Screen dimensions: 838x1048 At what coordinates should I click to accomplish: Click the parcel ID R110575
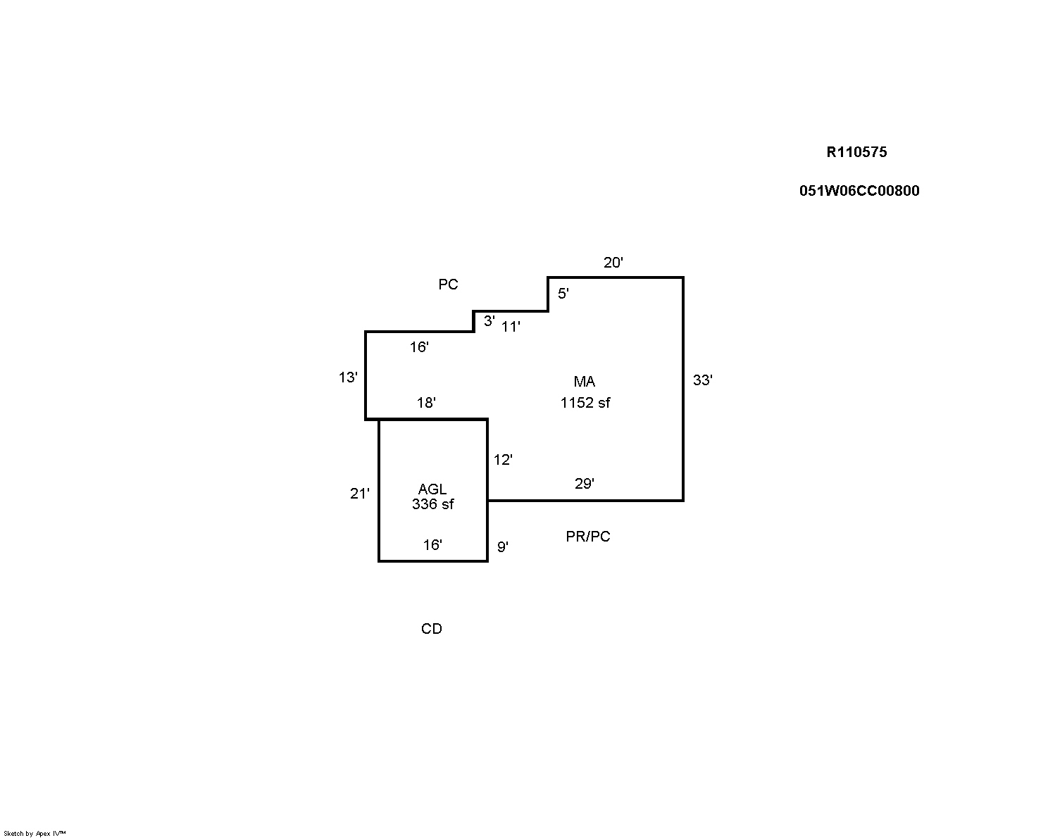click(x=856, y=152)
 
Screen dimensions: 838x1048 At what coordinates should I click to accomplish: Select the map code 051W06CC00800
click(x=859, y=191)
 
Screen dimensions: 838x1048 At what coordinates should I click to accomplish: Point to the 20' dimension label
click(x=613, y=263)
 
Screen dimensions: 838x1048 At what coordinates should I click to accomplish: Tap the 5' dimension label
click(x=563, y=294)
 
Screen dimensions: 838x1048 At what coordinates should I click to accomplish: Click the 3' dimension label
click(x=489, y=321)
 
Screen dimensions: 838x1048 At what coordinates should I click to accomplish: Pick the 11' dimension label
click(x=511, y=327)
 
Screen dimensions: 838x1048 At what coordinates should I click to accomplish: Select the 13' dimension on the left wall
click(x=348, y=377)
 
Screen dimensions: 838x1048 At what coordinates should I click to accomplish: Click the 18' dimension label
click(x=426, y=403)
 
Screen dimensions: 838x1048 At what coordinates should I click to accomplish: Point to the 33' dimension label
click(x=702, y=380)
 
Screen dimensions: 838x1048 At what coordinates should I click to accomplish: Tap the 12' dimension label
click(x=503, y=460)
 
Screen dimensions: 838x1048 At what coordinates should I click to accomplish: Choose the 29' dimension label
click(x=584, y=484)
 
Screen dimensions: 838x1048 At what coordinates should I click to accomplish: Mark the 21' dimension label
click(x=359, y=494)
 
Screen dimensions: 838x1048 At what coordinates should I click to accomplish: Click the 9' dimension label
click(x=503, y=546)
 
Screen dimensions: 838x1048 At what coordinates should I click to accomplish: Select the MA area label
click(x=584, y=382)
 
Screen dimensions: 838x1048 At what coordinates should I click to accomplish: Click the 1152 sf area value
click(x=585, y=403)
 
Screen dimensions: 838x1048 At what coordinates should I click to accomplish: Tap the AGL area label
click(x=432, y=489)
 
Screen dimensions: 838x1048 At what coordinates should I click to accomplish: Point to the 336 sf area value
click(x=432, y=504)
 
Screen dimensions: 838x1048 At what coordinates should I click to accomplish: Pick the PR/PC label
click(x=587, y=537)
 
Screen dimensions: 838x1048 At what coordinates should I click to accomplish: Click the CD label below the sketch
click(x=431, y=629)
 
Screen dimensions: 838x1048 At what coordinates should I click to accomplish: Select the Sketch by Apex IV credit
click(x=35, y=833)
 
